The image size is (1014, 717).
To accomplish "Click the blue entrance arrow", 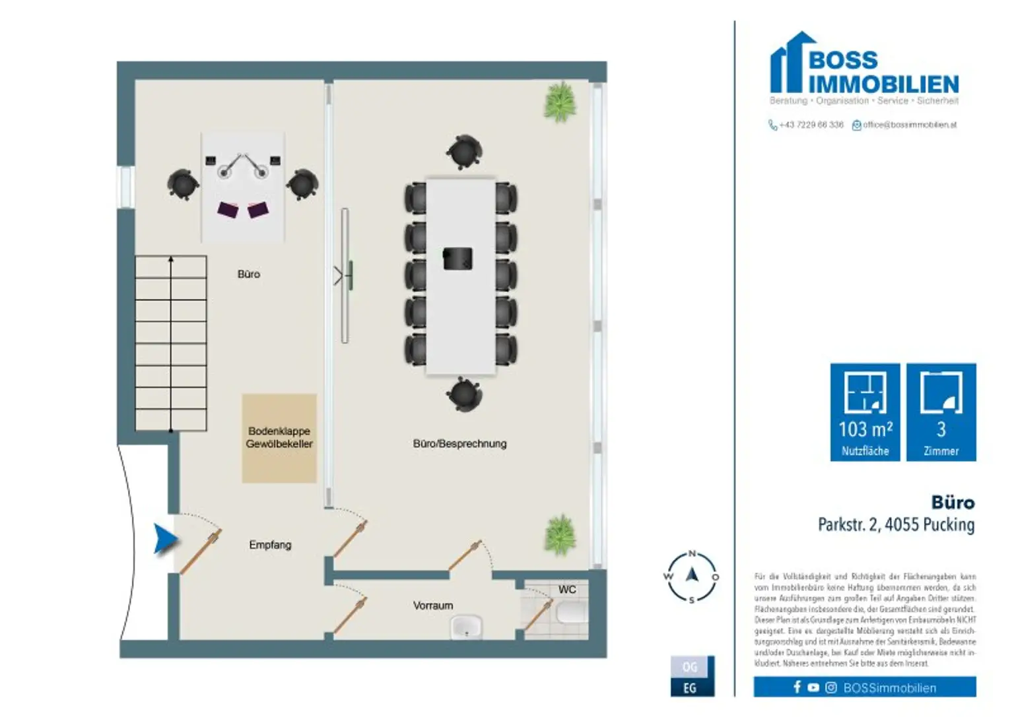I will [165, 539].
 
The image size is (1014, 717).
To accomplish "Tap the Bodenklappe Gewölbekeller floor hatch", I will [279, 438].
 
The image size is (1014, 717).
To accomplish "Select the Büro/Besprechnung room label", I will [459, 444].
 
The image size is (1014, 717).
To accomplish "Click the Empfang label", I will [270, 545].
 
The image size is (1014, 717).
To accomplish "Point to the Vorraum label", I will [433, 606].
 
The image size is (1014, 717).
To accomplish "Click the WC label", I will [567, 590].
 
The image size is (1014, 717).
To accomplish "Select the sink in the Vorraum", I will [467, 626].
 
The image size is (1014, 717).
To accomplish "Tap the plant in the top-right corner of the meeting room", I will [560, 102].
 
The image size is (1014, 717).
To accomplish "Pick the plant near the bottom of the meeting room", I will [560, 534].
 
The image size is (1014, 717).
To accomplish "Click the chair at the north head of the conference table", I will [463, 152].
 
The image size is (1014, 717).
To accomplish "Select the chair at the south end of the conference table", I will [464, 394].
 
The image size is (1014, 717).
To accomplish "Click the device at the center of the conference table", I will [457, 258].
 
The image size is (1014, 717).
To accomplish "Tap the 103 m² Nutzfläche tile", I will [865, 412].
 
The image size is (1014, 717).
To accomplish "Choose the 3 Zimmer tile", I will [941, 412].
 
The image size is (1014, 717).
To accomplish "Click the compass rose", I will [692, 577].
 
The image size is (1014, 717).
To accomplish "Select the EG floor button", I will [690, 687].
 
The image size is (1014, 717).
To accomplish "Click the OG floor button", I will [690, 667].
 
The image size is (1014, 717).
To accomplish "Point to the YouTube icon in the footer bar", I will [813, 687].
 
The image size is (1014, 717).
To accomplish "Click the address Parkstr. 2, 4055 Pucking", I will [896, 525].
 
